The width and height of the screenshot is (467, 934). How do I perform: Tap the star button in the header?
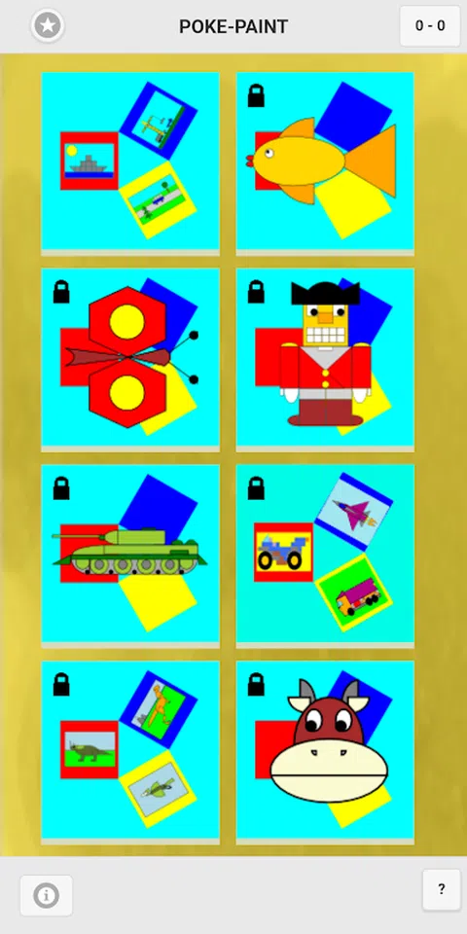(48, 25)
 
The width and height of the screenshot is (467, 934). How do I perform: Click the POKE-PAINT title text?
(233, 26)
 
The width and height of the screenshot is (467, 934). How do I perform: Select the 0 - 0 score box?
(430, 25)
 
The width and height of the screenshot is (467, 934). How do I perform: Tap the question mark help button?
(442, 889)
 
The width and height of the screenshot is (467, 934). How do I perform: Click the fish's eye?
(269, 153)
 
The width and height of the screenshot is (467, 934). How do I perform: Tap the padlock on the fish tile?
(256, 96)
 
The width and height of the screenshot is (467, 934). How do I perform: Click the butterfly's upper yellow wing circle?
(126, 322)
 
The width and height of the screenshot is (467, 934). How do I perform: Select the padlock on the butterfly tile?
(61, 292)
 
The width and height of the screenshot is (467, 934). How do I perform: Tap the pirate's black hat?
(325, 293)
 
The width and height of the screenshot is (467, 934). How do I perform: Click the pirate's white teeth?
(325, 337)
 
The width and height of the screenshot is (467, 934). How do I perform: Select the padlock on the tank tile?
(61, 487)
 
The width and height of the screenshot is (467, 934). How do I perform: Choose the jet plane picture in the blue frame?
(354, 511)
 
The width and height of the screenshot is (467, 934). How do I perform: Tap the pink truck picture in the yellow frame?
(354, 593)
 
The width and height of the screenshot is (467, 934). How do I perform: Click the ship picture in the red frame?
(90, 161)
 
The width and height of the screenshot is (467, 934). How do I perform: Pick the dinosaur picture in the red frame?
(90, 749)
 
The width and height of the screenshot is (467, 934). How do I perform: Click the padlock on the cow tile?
(256, 684)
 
